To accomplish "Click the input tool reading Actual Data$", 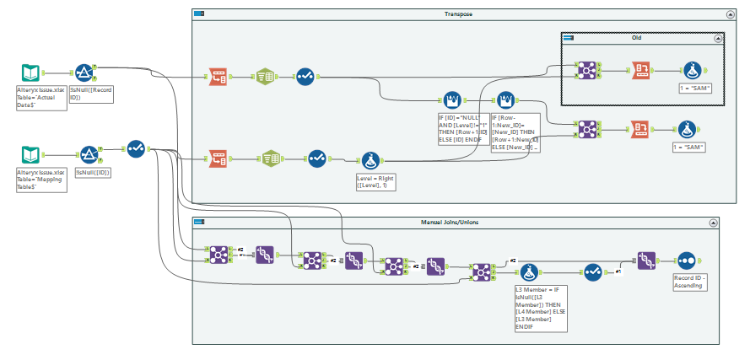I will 30,73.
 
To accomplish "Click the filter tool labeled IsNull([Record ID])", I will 84,73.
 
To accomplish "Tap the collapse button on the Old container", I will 717,38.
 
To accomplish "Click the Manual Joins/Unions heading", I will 455,223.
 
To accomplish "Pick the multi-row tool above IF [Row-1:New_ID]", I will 506,101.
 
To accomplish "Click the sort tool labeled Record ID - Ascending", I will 685,260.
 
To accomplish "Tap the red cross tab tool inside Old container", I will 642,70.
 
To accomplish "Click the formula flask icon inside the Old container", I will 692,70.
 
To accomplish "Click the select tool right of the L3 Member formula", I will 593,272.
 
